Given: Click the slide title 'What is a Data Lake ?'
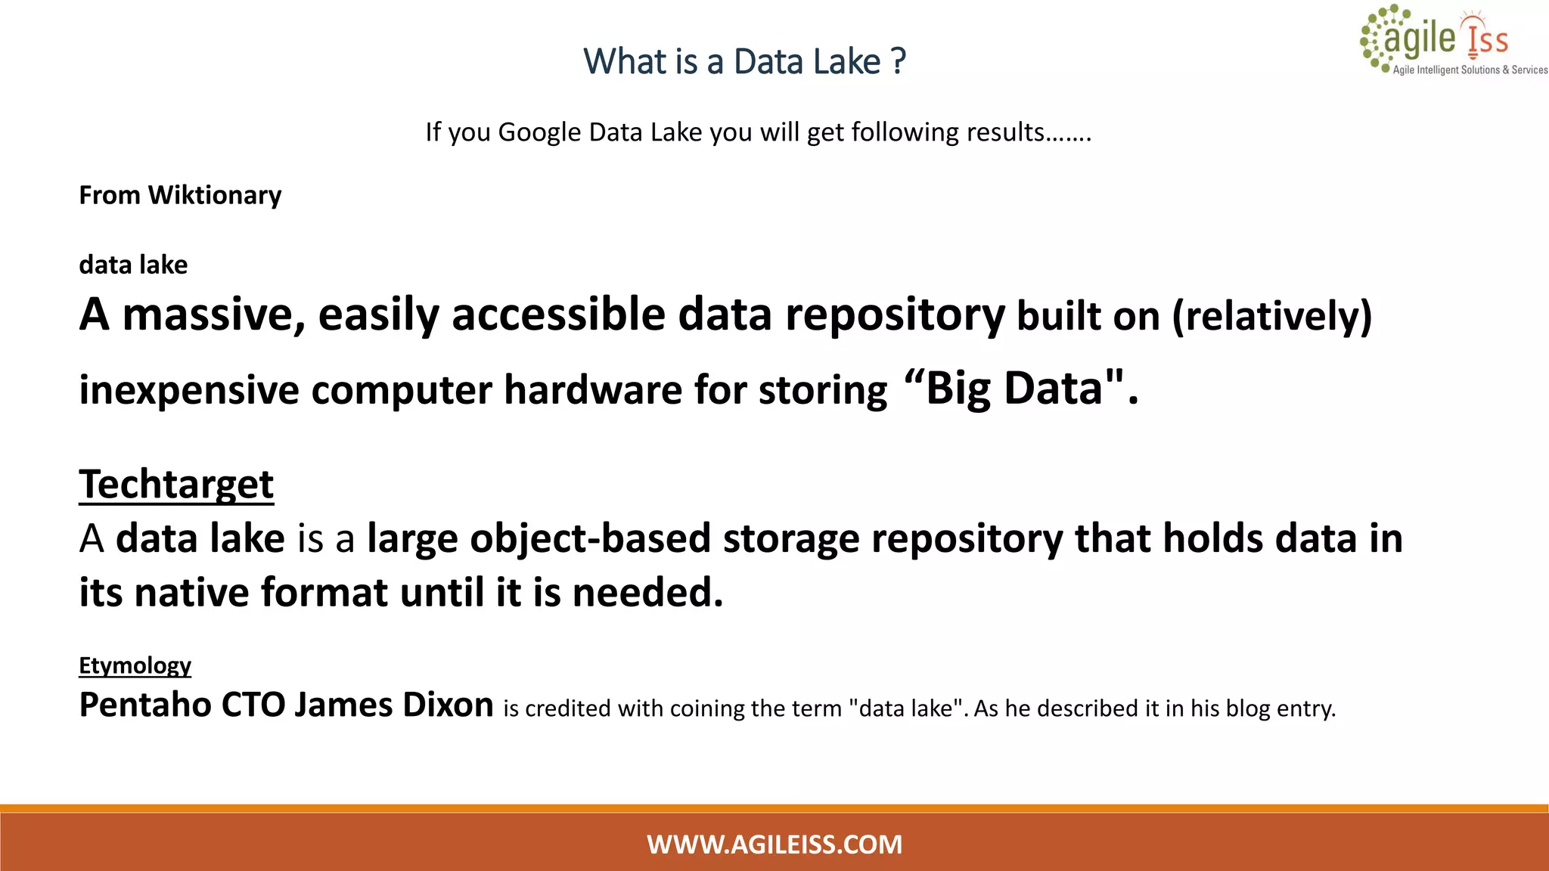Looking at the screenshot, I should click(744, 61).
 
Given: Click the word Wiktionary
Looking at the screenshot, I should click(215, 195).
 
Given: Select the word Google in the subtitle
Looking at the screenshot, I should click(539, 132).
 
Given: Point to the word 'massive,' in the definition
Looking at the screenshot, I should click(214, 315).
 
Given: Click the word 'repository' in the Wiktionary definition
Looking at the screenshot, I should click(895, 315).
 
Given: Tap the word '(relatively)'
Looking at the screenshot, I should click(1271, 316).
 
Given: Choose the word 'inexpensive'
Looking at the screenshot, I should click(189, 390).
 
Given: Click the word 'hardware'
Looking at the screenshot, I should click(593, 390).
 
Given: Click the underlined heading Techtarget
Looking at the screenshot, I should click(176, 484).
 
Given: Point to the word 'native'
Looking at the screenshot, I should click(191, 592).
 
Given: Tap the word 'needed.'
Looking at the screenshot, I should click(647, 592).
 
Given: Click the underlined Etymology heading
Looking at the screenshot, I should click(135, 665).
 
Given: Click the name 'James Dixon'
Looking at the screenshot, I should click(393, 705).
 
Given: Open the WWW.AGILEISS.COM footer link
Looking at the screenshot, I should click(774, 844).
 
